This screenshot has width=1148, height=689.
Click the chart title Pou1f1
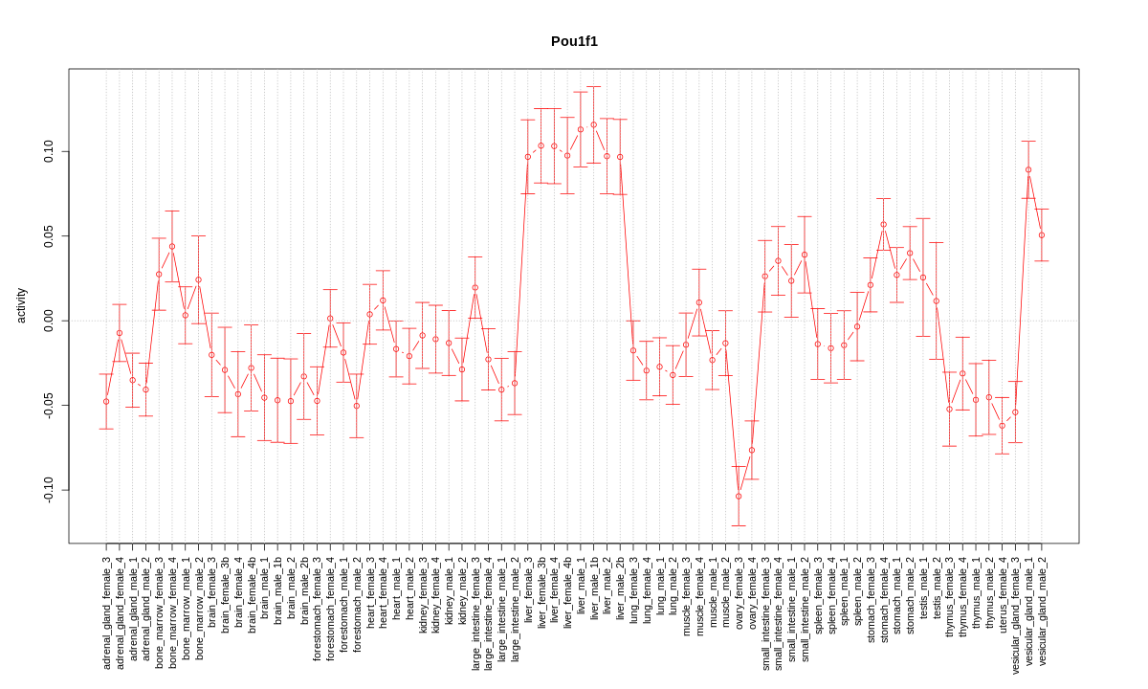coord(574,41)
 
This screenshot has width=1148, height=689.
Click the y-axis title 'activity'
coord(21,305)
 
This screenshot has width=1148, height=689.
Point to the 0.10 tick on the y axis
coord(49,151)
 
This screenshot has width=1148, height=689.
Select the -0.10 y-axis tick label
coord(49,489)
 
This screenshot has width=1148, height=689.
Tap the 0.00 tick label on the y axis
coord(49,321)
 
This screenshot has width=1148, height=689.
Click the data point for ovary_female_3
coord(739,496)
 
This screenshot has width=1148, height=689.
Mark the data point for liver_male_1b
coord(593,124)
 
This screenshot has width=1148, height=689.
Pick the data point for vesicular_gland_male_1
coord(1028,170)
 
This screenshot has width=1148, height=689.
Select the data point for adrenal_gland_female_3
coord(106,401)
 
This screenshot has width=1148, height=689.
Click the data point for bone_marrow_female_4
coord(172,246)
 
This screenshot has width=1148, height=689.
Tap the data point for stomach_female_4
coord(883,224)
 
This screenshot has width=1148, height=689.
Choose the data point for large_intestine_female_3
coord(475,287)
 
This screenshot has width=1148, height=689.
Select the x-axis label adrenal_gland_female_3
coord(106,612)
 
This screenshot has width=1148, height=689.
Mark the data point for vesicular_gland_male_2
coord(1042,235)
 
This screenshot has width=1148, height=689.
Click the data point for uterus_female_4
coord(1003,426)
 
